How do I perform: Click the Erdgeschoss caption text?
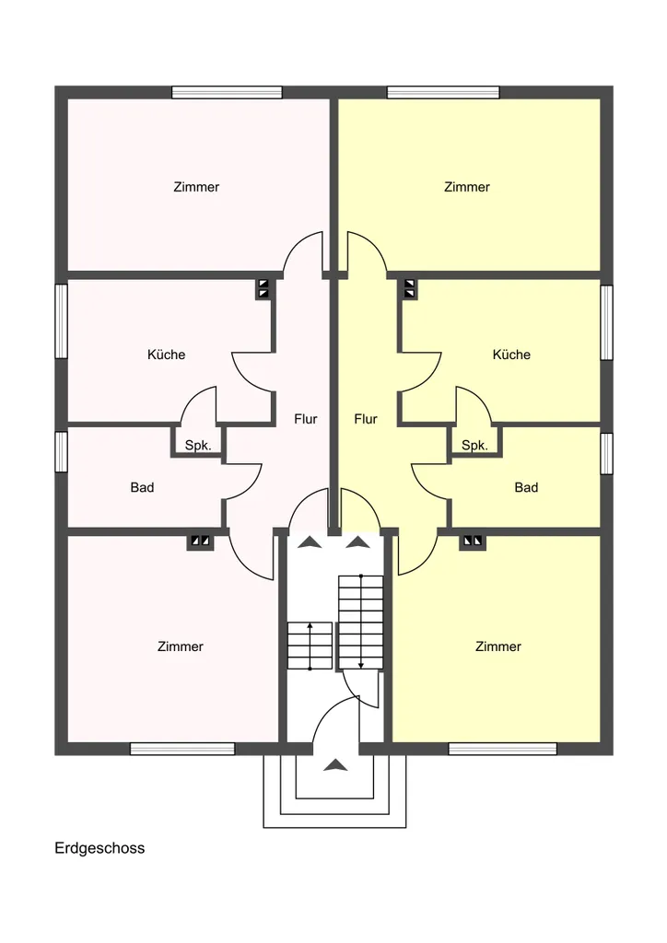[99, 848]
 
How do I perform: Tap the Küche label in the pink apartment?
[166, 355]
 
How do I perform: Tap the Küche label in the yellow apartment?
[511, 355]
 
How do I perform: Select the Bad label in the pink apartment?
[142, 487]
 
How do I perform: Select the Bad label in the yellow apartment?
[526, 487]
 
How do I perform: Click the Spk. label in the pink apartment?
[198, 446]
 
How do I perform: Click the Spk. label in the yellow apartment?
[474, 446]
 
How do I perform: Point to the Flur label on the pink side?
[306, 419]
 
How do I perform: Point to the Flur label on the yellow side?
[366, 419]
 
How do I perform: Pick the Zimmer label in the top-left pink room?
[196, 187]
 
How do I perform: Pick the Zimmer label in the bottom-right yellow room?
[498, 646]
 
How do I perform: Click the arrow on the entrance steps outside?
[335, 765]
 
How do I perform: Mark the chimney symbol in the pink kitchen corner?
[263, 288]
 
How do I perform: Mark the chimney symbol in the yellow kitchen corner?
[410, 288]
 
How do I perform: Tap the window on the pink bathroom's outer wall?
[62, 451]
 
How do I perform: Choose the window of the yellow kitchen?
[607, 322]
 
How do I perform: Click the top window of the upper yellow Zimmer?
[443, 92]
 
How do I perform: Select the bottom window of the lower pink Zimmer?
[182, 749]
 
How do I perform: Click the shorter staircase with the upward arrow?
[310, 646]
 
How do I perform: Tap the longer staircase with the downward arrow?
[361, 623]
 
